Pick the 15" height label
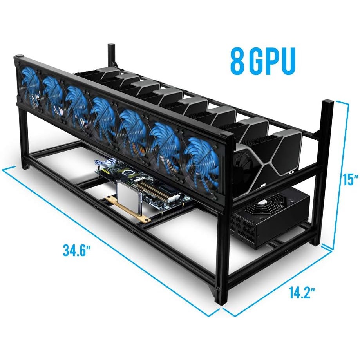(x=351, y=180)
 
